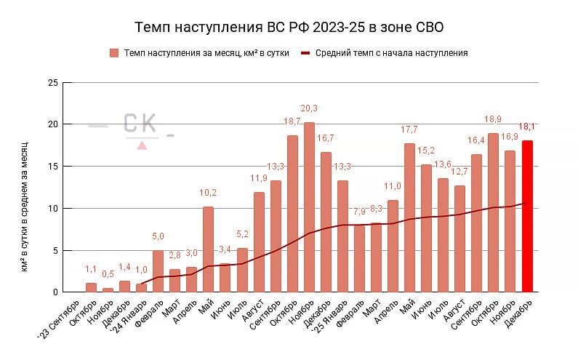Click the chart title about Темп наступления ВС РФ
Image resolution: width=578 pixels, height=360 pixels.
(289, 28)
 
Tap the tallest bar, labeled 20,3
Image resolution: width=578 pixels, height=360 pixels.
(309, 207)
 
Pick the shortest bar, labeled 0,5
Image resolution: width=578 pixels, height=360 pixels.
(108, 290)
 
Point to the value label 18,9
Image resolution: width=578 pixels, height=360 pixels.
(493, 119)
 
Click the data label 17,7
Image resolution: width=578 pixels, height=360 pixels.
(409, 129)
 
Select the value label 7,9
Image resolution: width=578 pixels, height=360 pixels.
(359, 212)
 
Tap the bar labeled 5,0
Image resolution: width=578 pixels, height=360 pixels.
(158, 271)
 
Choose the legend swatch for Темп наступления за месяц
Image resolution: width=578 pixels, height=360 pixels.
(114, 53)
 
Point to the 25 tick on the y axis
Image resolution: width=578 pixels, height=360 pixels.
(52, 82)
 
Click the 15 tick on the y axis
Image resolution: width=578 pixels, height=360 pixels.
(52, 167)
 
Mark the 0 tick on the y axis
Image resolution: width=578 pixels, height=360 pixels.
(55, 292)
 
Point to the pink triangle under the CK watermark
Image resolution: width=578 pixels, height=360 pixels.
(143, 145)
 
